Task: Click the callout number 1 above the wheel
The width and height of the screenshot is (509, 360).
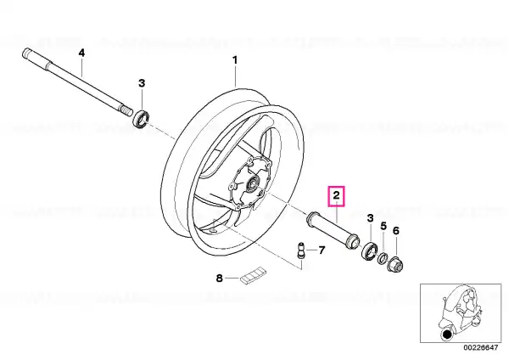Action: (235, 60)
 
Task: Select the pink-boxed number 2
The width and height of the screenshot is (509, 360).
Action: (336, 195)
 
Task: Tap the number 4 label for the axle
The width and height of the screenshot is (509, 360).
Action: (81, 53)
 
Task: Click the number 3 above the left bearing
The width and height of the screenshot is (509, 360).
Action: (142, 83)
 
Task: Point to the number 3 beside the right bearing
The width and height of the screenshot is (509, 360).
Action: (371, 218)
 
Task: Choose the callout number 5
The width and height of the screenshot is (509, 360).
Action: (383, 226)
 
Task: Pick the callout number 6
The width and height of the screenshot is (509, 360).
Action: (395, 231)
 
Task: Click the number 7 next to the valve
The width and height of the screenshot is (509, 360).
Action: (322, 250)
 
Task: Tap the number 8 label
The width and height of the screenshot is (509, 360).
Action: (220, 278)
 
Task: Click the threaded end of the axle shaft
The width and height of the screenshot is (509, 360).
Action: (126, 110)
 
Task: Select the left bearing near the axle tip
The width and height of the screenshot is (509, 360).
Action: (141, 119)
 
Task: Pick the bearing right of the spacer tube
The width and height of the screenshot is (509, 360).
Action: (369, 250)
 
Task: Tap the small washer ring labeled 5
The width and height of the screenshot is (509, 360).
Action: (383, 258)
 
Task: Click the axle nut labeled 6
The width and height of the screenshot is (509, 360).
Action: (395, 264)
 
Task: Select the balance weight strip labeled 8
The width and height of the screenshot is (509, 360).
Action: (253, 276)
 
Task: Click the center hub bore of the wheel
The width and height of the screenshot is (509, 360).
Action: (253, 184)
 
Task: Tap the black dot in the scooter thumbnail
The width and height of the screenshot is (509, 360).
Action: (447, 335)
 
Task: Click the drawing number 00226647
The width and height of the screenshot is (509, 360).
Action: (480, 347)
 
